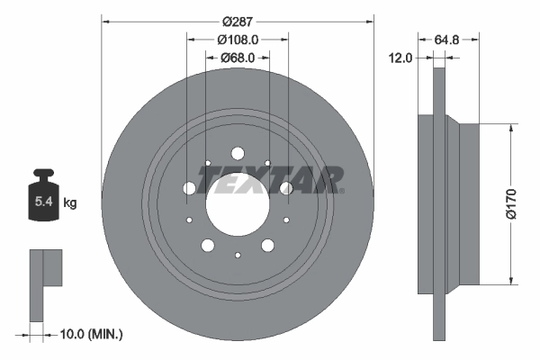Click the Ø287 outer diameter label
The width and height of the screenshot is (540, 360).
(x=238, y=19)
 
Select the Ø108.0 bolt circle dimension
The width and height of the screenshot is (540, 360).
(x=238, y=40)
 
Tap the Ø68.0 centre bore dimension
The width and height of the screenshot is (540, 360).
(x=238, y=58)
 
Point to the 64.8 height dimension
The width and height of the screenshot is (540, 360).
(x=450, y=40)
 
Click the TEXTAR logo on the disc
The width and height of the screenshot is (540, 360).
(x=270, y=180)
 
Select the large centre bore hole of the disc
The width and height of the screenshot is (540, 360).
(x=238, y=203)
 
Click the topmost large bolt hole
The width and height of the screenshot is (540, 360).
(x=238, y=153)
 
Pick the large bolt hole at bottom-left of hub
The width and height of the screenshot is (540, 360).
(x=208, y=245)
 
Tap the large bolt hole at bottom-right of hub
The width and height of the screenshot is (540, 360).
(x=267, y=245)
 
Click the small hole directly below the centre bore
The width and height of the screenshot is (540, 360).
(x=238, y=255)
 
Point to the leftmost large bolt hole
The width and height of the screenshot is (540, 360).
(x=189, y=188)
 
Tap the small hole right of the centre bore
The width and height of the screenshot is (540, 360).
(x=286, y=220)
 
